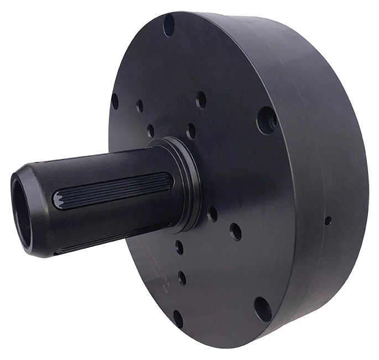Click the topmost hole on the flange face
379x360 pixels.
(169, 25)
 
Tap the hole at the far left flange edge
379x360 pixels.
(115, 101)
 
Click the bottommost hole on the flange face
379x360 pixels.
(178, 319)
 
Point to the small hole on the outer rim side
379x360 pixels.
(328, 221)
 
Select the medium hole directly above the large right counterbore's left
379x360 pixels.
(201, 100)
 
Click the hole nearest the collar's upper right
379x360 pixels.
(191, 131)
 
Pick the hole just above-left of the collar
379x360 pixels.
(150, 131)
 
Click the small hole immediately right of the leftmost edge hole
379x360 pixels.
(139, 106)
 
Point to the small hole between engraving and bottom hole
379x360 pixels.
(181, 278)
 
